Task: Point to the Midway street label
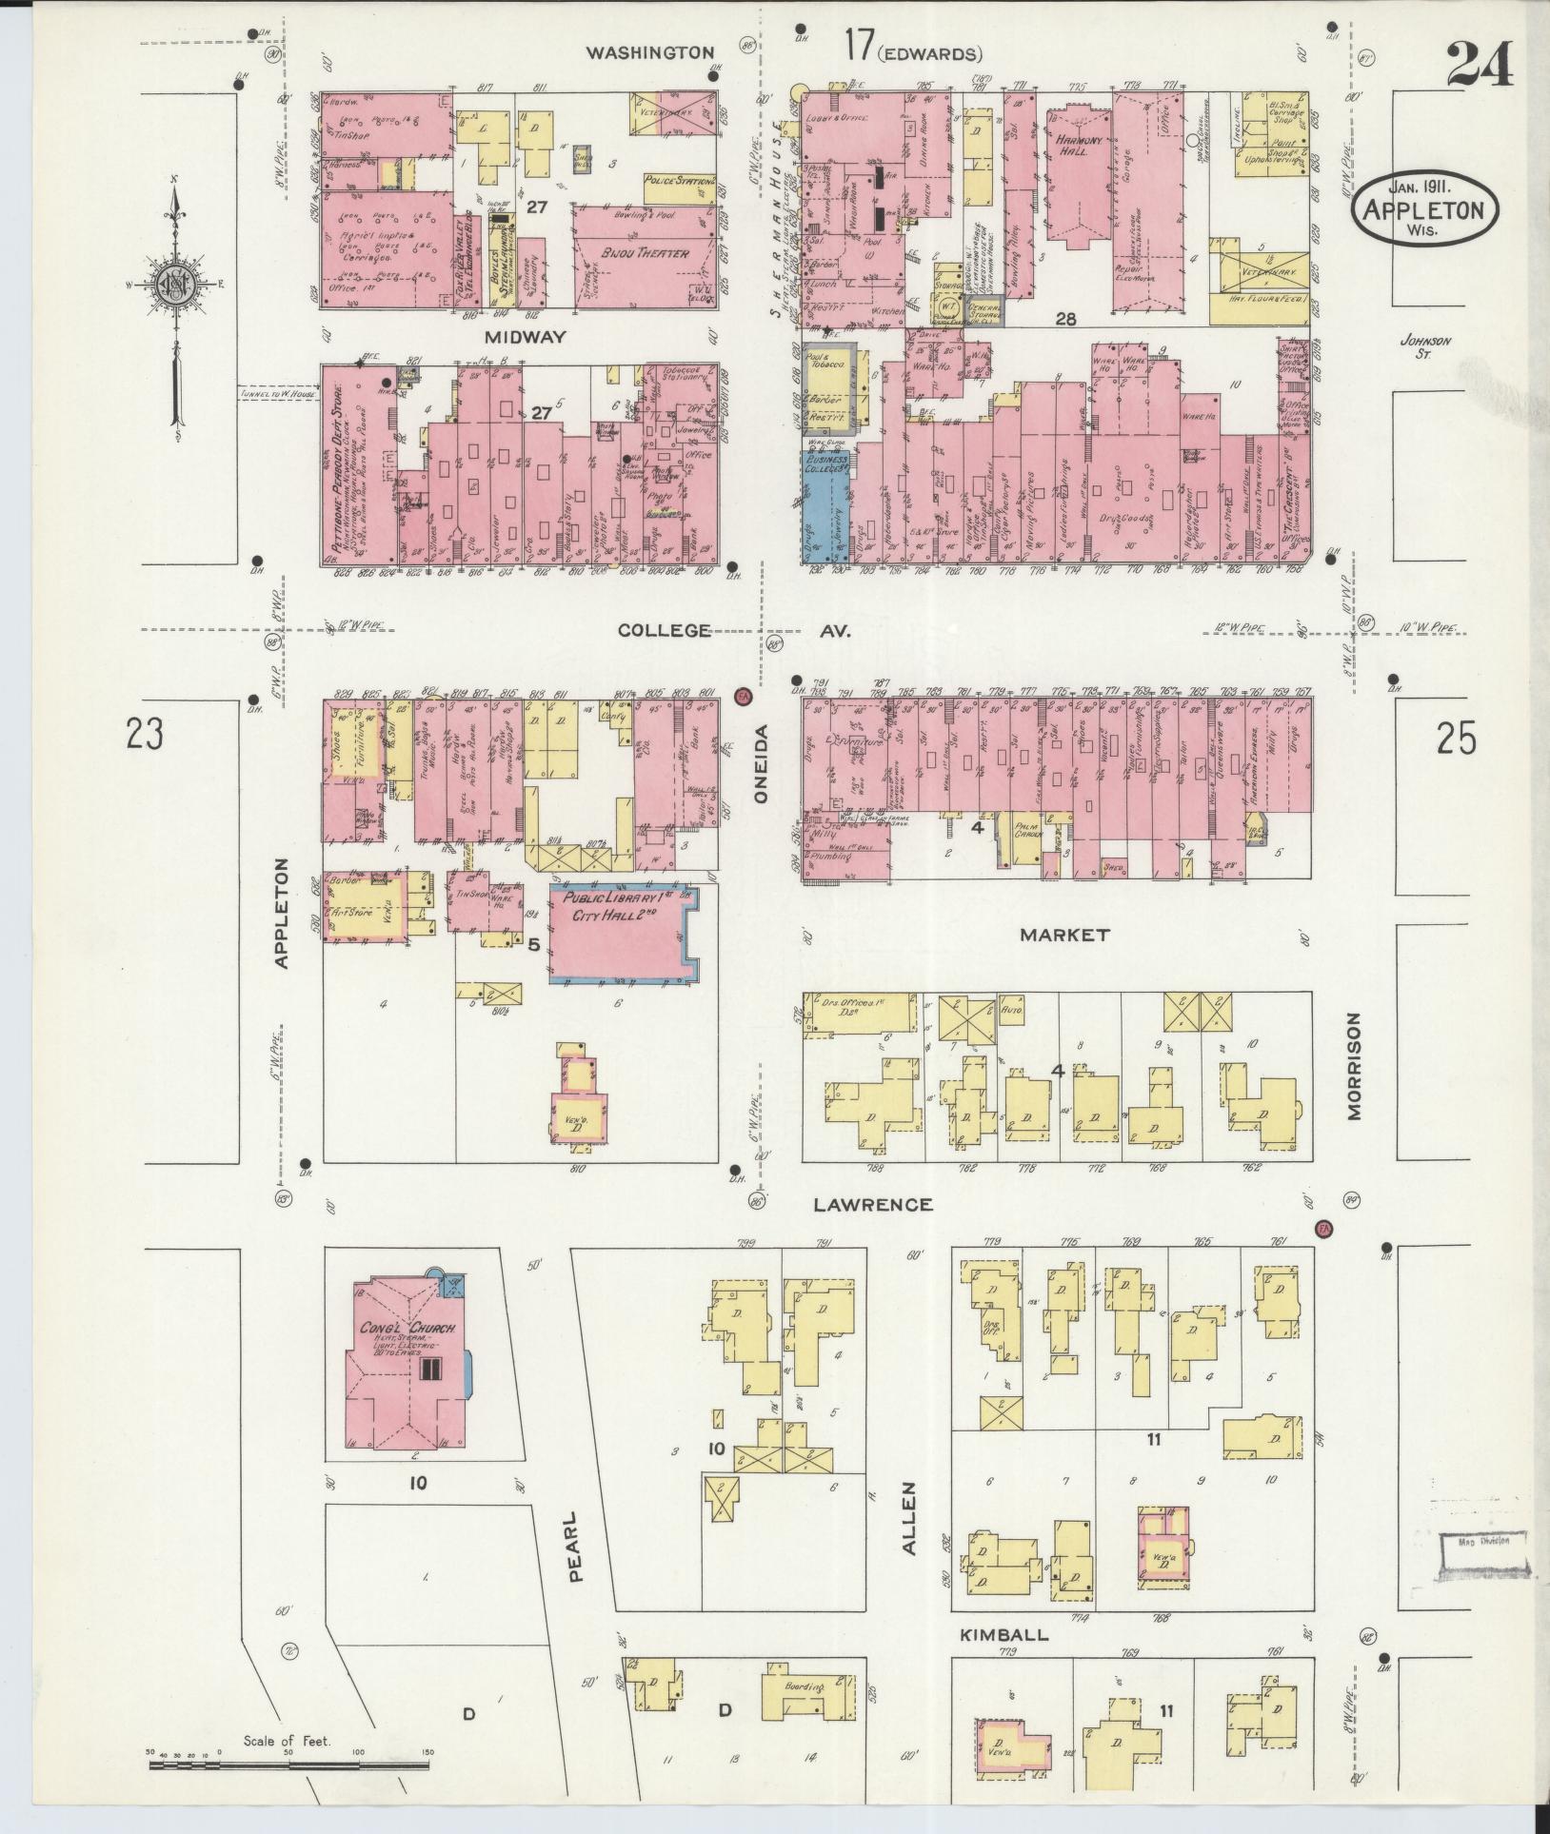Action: [x=524, y=337]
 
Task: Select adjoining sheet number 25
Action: [x=1456, y=739]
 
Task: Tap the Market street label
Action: [x=1064, y=935]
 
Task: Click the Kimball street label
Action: [x=1004, y=1634]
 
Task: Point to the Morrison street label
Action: [x=1355, y=1066]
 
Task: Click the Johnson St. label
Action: [x=1424, y=347]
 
